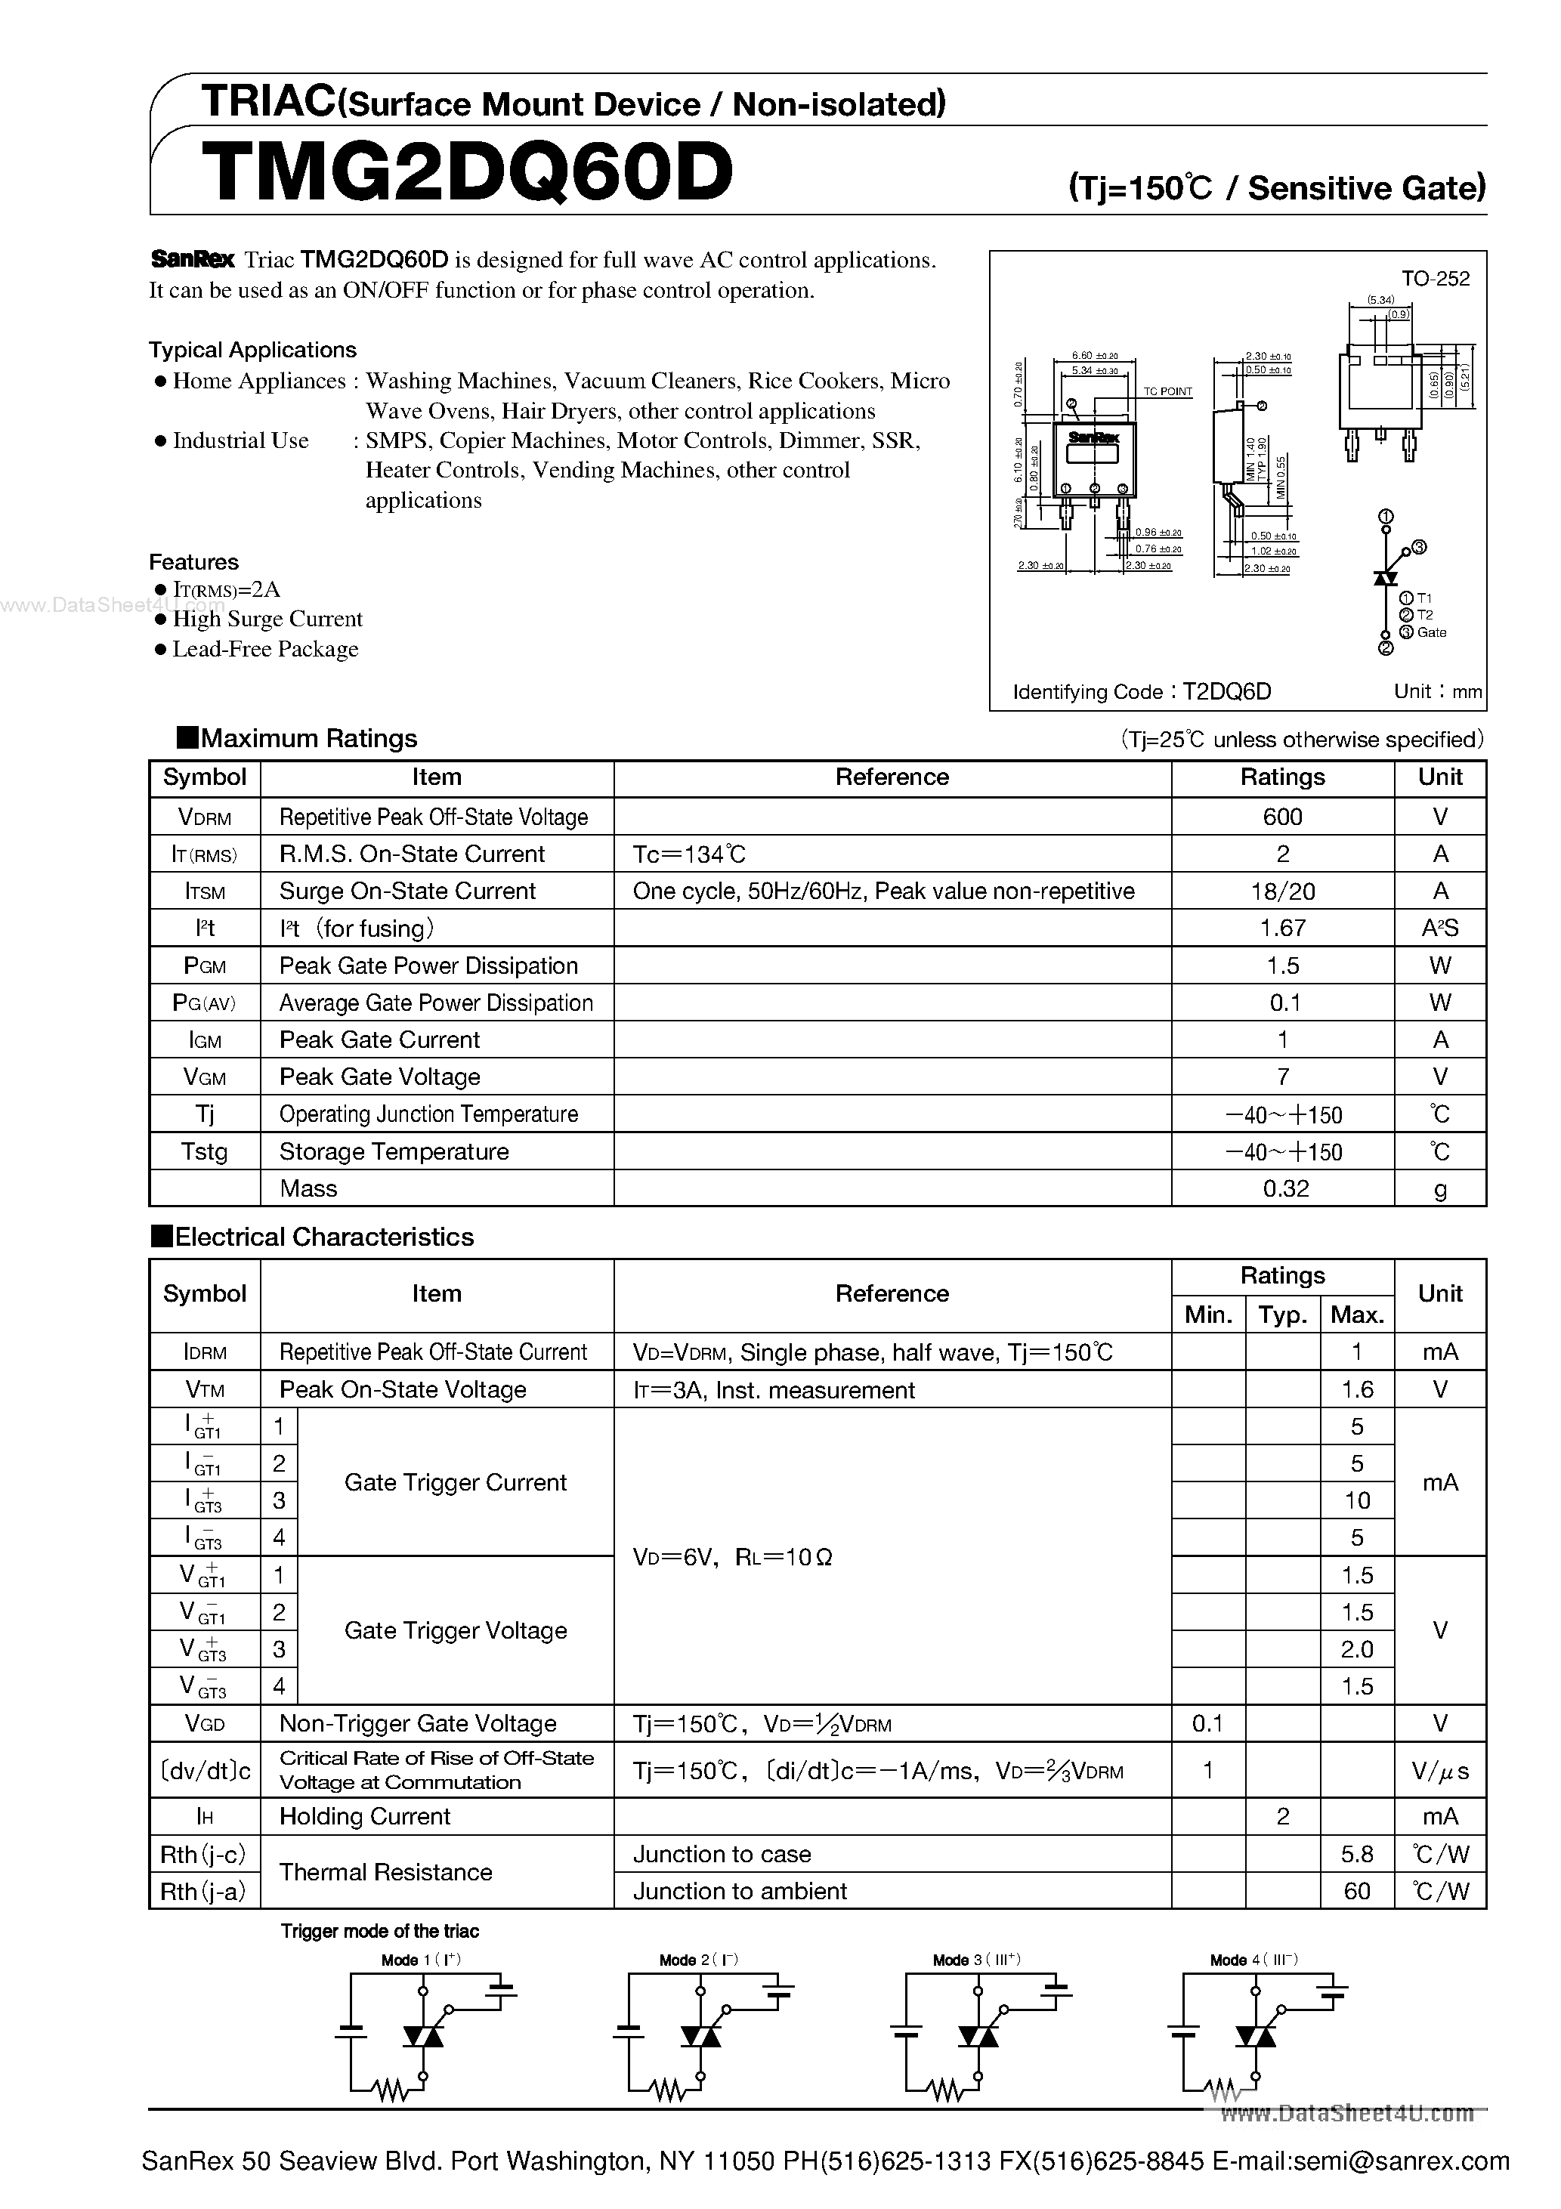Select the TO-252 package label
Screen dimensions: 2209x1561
click(x=1435, y=279)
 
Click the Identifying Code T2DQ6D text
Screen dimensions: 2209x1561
click(x=1142, y=692)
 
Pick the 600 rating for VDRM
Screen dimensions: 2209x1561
click(x=1282, y=817)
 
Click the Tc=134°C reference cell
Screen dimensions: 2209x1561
click(x=689, y=854)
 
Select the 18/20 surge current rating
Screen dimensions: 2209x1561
click(x=1282, y=891)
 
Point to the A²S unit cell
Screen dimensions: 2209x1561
click(x=1440, y=928)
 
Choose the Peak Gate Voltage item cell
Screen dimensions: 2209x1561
click(x=379, y=1077)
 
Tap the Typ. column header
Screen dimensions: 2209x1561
click(x=1282, y=1315)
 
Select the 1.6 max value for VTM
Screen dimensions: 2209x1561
click(x=1356, y=1389)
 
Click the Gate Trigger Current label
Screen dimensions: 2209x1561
click(x=455, y=1482)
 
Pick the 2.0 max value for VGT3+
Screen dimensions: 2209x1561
click(x=1356, y=1649)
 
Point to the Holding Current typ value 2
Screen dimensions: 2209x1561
click(x=1282, y=1816)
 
